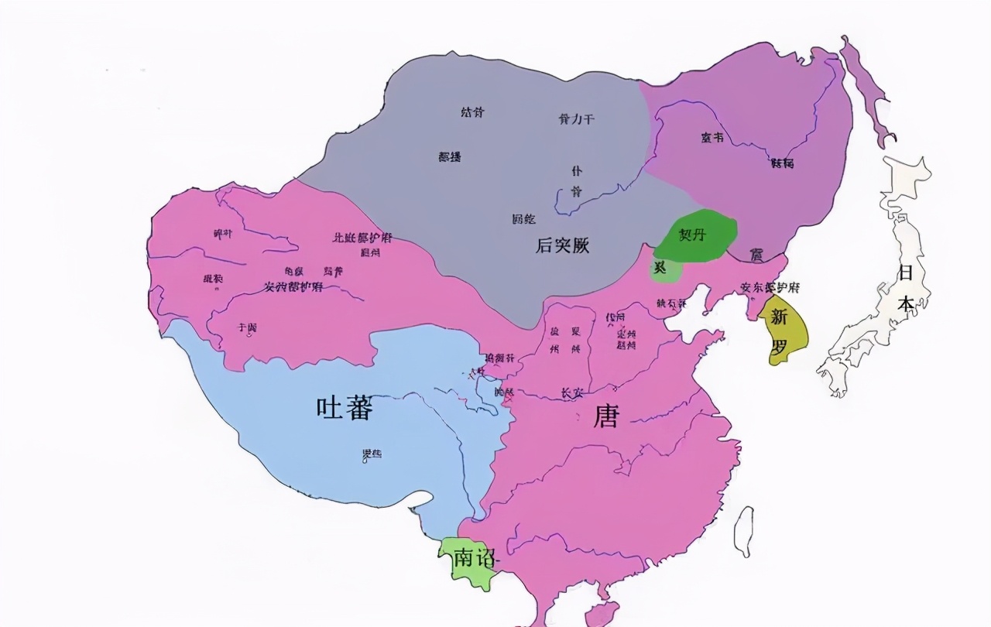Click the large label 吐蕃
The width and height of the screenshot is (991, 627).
pos(345,407)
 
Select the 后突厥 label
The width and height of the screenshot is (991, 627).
pos(563,246)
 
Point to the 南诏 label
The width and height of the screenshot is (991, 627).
pos(474,558)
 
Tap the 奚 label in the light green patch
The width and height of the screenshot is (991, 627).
pos(660,267)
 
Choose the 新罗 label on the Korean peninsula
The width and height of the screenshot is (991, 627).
pos(779,331)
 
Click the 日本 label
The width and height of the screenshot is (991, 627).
pos(906,288)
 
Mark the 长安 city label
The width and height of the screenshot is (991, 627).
pos(571,393)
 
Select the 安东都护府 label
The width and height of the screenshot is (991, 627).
pos(770,287)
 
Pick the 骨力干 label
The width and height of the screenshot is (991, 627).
pos(576,118)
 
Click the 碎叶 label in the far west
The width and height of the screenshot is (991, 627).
pos(222,233)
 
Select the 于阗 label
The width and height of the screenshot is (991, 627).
pos(248,327)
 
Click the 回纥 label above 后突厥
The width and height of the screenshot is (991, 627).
pos(524,219)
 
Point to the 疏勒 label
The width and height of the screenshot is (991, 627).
pos(213,279)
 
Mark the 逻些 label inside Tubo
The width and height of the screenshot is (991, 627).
pos(372,454)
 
